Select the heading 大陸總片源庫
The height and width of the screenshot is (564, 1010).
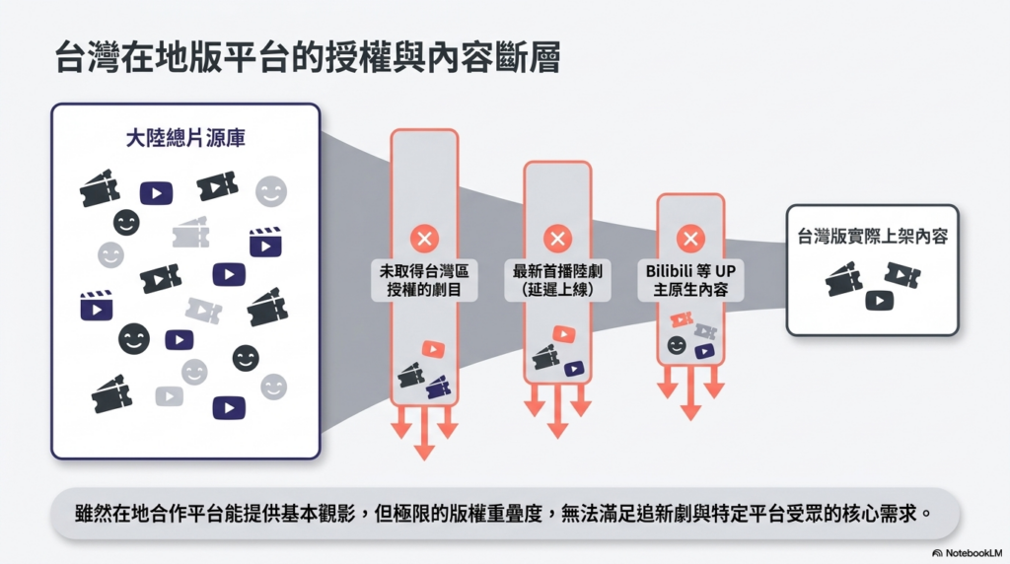tap(185, 138)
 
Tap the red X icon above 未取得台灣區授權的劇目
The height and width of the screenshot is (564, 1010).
tap(424, 238)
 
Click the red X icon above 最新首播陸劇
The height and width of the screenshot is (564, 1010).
tap(557, 238)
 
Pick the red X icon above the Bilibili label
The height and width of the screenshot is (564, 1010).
tap(690, 238)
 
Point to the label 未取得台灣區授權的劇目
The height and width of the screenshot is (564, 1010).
tap(424, 279)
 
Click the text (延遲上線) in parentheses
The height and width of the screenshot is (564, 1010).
tap(557, 290)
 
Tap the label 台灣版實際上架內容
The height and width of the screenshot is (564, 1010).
tap(872, 237)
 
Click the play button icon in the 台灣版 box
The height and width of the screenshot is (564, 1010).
tap(879, 300)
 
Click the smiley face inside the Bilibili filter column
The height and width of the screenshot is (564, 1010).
tap(677, 345)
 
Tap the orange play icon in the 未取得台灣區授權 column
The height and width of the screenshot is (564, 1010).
tap(433, 348)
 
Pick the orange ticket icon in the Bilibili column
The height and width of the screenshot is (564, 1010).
tap(682, 318)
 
